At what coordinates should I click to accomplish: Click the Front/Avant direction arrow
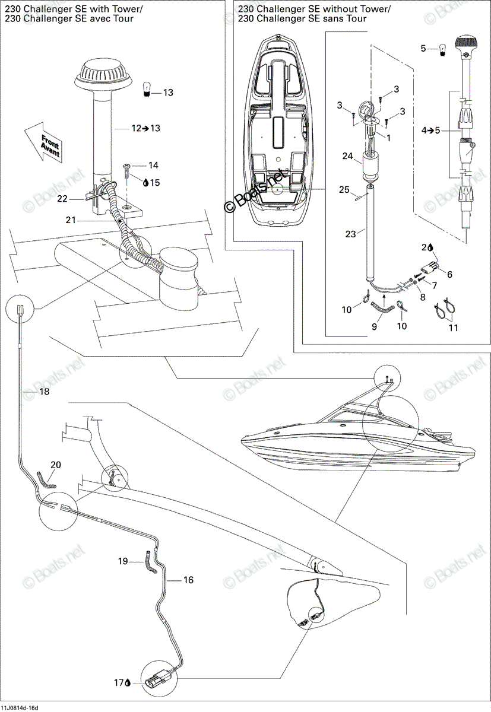click(44, 142)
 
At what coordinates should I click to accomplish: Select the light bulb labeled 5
click(442, 50)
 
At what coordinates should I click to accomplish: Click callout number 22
click(62, 199)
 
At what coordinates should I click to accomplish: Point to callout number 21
click(71, 220)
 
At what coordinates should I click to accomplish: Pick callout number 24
click(347, 156)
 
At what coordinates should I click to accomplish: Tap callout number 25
click(344, 190)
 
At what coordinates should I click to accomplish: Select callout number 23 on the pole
click(351, 234)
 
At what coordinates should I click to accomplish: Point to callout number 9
click(374, 326)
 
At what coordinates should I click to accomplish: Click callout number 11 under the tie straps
click(454, 328)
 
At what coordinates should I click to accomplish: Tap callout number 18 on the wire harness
click(44, 392)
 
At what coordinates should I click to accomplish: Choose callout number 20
click(56, 465)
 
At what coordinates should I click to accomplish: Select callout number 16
click(188, 580)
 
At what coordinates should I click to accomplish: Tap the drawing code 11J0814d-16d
click(20, 708)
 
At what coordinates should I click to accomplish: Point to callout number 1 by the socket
click(388, 138)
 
